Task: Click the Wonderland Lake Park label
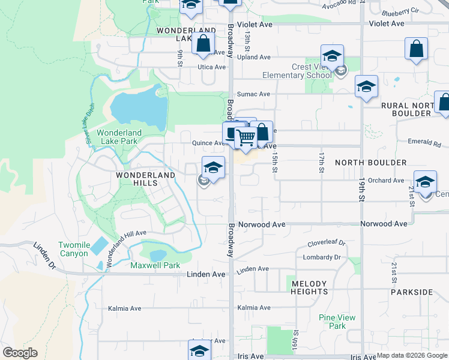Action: pos(119,137)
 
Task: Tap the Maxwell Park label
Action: pos(155,265)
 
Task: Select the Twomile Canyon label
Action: pos(74,249)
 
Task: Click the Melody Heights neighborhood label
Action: pos(309,287)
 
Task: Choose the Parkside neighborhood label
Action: pos(411,292)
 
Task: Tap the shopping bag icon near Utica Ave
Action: pos(203,43)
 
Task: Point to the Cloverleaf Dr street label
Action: pos(327,243)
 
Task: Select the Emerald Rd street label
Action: pos(427,145)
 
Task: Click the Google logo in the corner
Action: pos(20,353)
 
